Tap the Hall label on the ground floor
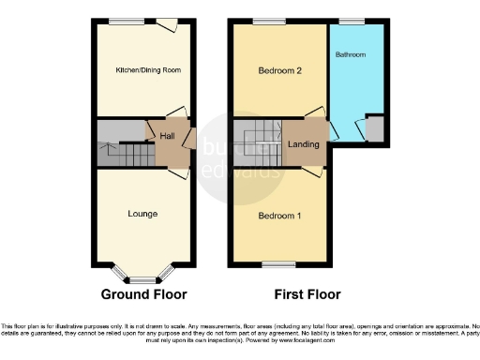pos(168,137)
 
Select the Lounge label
pos(142,214)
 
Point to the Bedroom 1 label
pos(277,215)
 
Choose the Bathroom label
pos(351,55)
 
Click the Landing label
pos(303,144)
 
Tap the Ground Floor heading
pos(143,293)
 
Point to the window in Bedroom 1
pos(274,265)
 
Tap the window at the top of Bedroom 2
pos(270,21)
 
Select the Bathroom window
pos(352,21)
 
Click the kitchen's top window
pos(126,21)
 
